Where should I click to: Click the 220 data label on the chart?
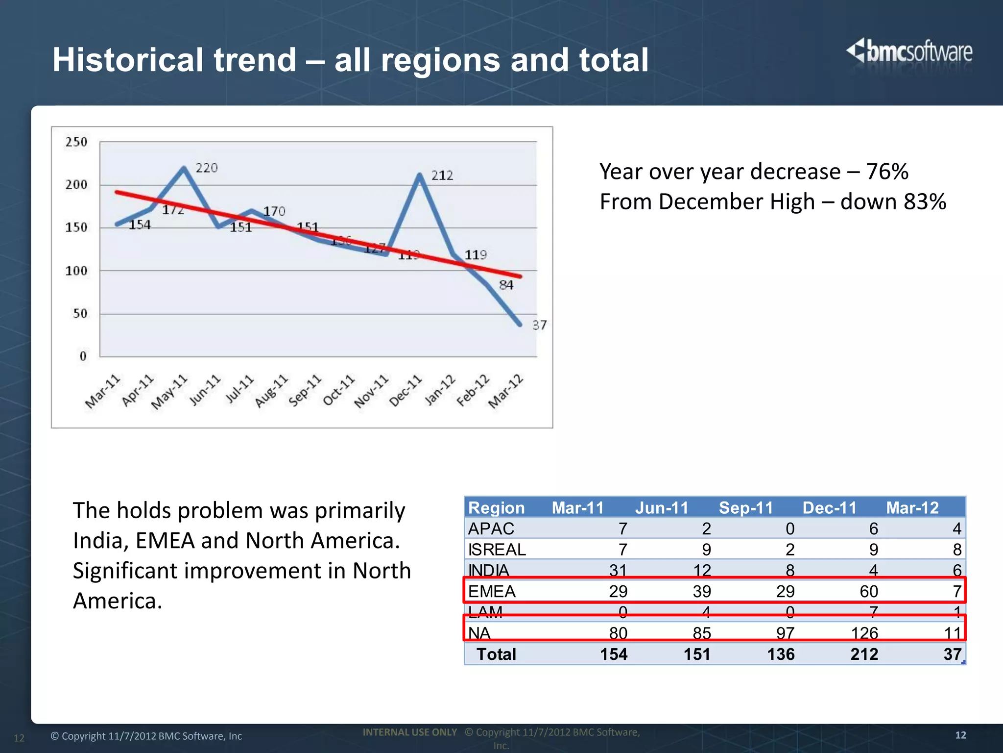point(206,168)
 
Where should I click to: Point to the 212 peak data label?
point(442,176)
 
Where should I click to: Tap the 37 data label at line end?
point(539,325)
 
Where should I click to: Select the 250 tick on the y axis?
point(76,142)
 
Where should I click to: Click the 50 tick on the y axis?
point(80,314)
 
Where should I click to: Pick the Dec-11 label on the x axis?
point(406,391)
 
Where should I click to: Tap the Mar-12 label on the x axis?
point(506,391)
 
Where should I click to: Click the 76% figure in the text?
point(886,172)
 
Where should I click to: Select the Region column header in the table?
point(496,508)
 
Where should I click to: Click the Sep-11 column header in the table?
point(745,508)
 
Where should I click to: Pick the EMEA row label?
point(492,592)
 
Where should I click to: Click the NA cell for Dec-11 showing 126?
point(864,633)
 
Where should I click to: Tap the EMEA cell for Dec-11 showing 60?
point(869,592)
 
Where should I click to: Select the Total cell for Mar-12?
point(953,654)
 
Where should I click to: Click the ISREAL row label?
point(497,550)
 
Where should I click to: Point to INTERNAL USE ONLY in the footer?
point(409,732)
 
